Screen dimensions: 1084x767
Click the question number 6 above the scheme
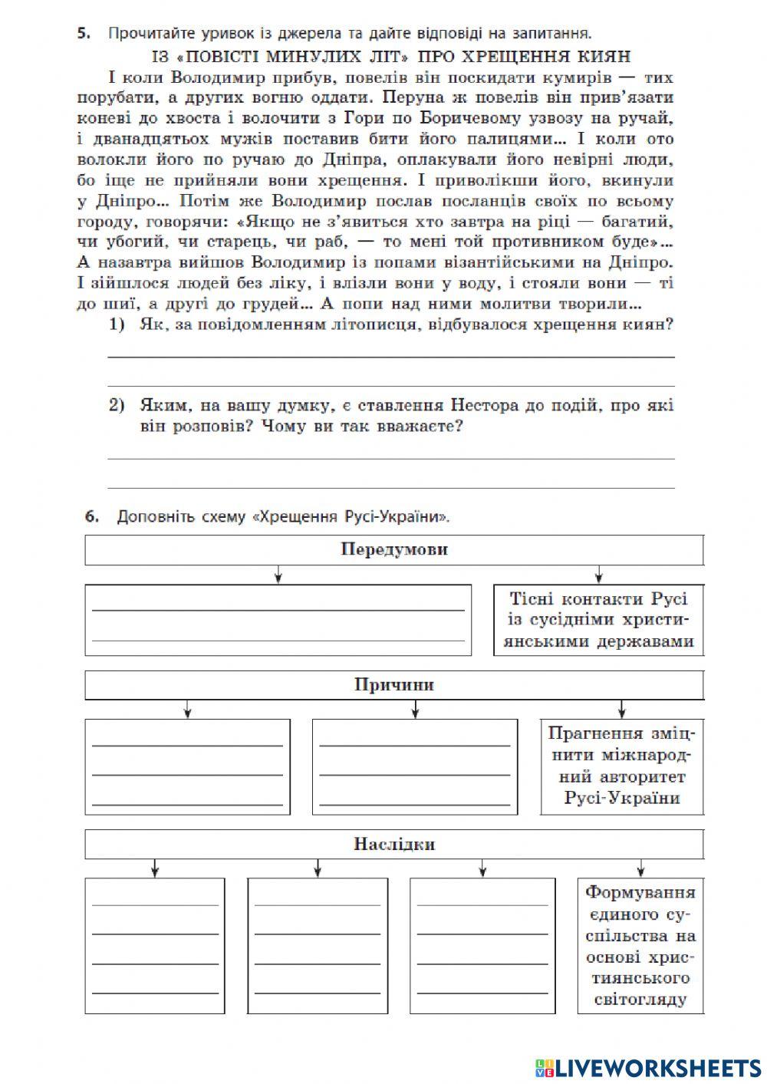(x=92, y=516)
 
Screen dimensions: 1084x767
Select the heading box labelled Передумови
(x=394, y=550)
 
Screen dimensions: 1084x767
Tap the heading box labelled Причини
(x=394, y=685)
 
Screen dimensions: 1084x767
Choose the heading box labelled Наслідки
(x=394, y=845)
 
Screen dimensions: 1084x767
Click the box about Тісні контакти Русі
(x=599, y=620)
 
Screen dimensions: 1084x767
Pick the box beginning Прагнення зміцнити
(x=622, y=766)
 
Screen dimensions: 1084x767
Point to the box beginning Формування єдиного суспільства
(x=640, y=946)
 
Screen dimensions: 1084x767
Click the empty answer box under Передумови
(x=278, y=620)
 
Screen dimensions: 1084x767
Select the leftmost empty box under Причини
(x=188, y=766)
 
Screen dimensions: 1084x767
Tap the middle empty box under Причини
(x=415, y=766)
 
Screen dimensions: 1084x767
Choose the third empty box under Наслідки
(x=482, y=946)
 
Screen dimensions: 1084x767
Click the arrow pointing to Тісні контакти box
(x=598, y=575)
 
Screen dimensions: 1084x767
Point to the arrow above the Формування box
(x=640, y=868)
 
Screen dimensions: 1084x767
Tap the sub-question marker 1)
(x=117, y=325)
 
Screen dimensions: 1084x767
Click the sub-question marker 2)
(x=117, y=405)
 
